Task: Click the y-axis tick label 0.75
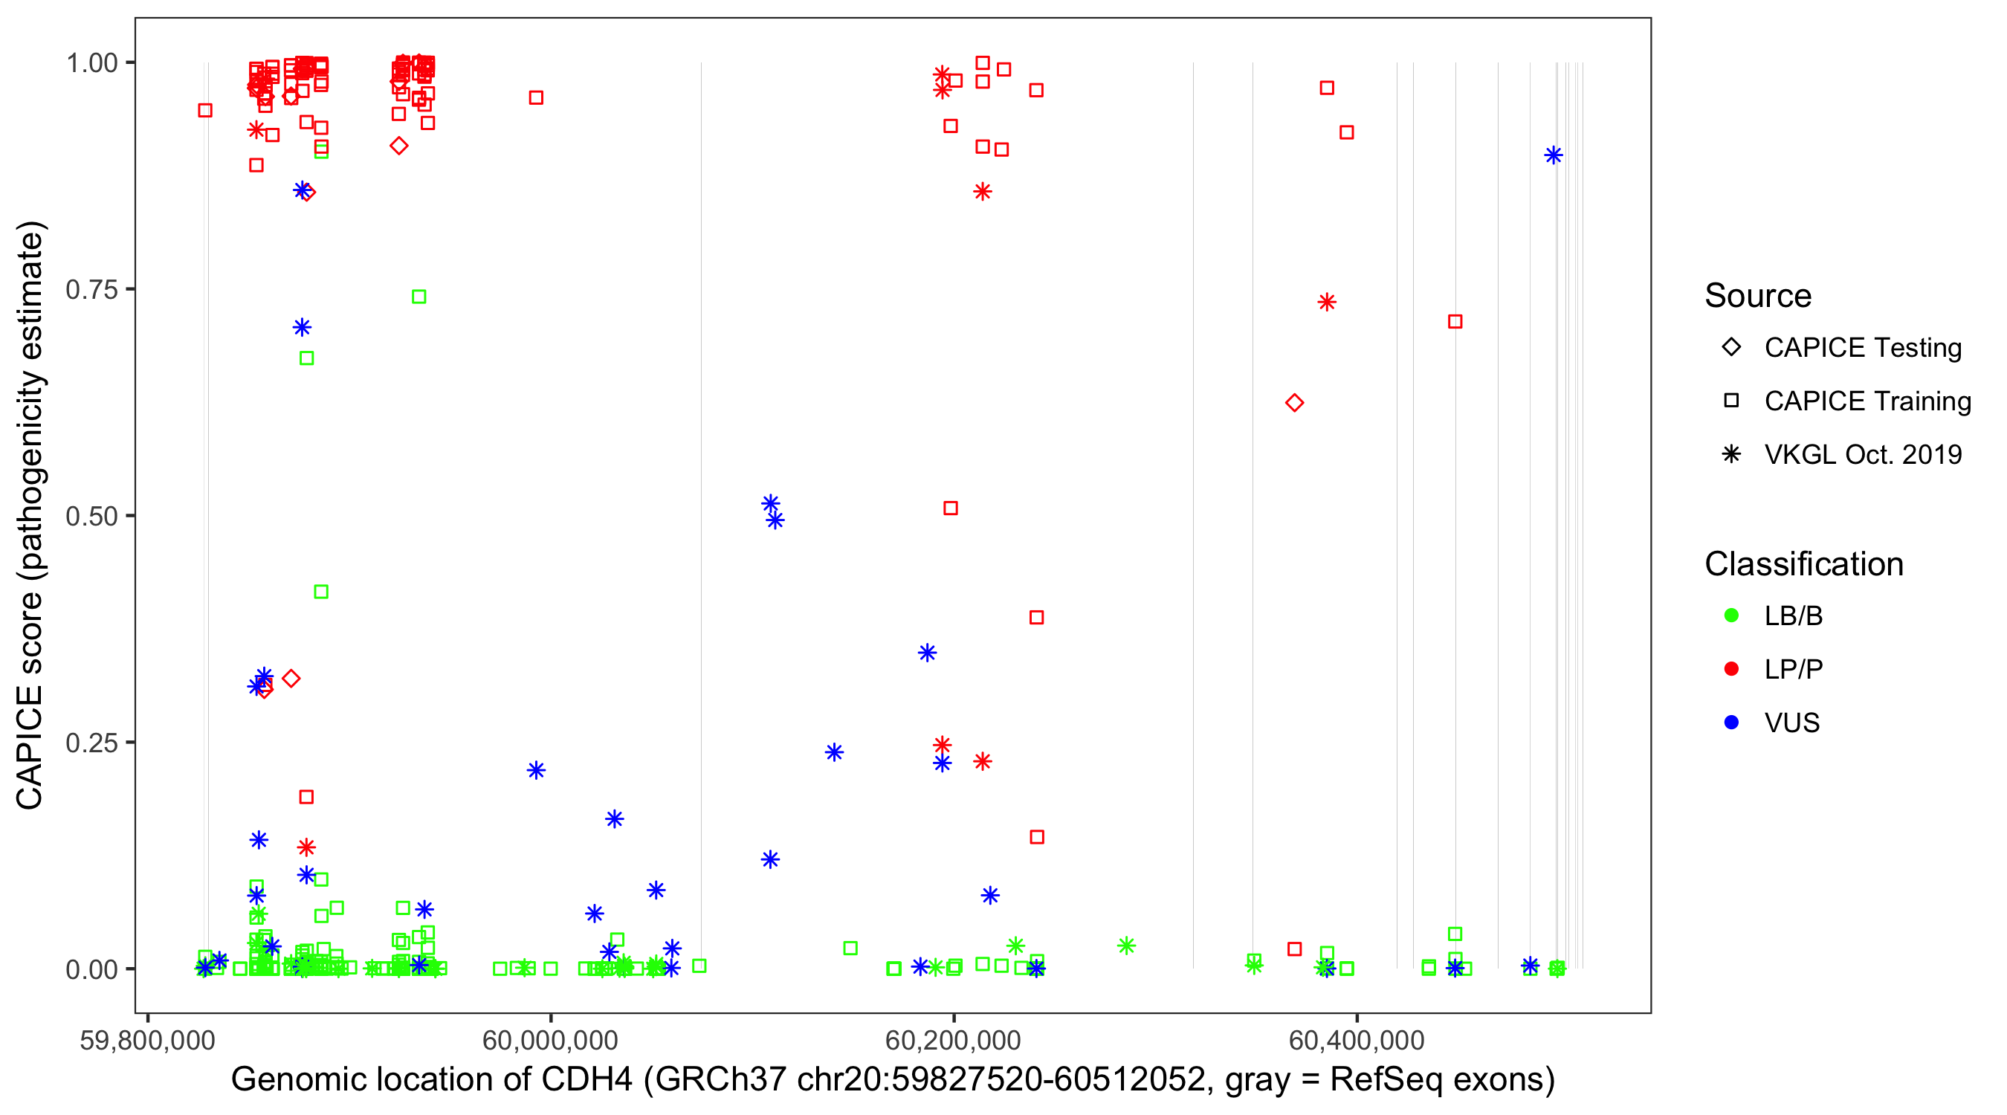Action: [x=91, y=290]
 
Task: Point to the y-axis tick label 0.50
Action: [x=91, y=517]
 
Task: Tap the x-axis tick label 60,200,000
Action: [x=953, y=1040]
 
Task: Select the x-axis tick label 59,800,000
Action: [x=147, y=1040]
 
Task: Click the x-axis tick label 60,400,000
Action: [x=1357, y=1040]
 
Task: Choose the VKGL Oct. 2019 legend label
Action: [x=1863, y=455]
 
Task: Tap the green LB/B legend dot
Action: [x=1731, y=616]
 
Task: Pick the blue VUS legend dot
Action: [x=1731, y=723]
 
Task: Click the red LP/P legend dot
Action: [x=1731, y=669]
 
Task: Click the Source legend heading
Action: [x=1758, y=296]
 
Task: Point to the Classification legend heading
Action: [x=1803, y=564]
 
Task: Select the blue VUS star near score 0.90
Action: [x=1554, y=155]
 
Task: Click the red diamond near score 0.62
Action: [x=1294, y=403]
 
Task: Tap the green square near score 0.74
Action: [x=419, y=297]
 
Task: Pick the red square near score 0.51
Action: [x=951, y=508]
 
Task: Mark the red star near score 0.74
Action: [x=1327, y=303]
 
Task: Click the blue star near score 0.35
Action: [x=927, y=653]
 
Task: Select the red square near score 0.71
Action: [x=1455, y=322]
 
